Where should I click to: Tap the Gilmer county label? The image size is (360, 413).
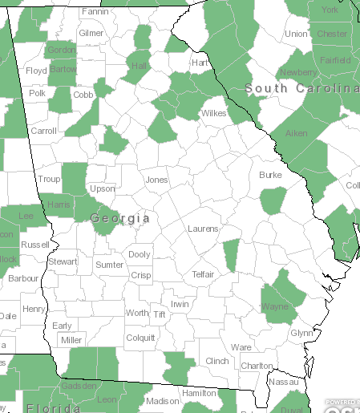click(x=91, y=34)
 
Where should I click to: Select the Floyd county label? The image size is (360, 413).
click(x=37, y=71)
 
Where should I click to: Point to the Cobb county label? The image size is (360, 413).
click(x=83, y=95)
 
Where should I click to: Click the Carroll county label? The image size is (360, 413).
click(x=43, y=131)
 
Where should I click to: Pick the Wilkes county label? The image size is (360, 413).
click(x=213, y=114)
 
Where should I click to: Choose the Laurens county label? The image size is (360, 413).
click(x=203, y=229)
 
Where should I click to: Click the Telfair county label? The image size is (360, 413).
click(x=203, y=274)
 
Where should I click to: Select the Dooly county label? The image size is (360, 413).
click(x=139, y=254)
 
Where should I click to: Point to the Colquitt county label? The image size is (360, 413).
click(x=140, y=338)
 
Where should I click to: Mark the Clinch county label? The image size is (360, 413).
click(x=217, y=362)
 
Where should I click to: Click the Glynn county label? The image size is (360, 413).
click(x=301, y=333)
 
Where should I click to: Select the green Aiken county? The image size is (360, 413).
click(x=295, y=133)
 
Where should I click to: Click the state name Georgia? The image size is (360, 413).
click(x=120, y=218)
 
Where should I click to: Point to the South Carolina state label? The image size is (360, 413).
click(x=302, y=87)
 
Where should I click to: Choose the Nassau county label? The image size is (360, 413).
click(x=283, y=383)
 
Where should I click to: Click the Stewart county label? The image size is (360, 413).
click(x=63, y=261)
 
